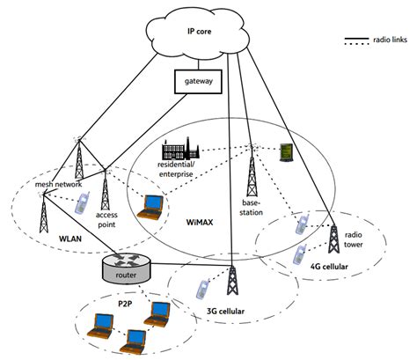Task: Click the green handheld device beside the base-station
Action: tap(287, 152)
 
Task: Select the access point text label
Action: tap(106, 217)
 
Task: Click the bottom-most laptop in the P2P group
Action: tap(134, 337)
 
